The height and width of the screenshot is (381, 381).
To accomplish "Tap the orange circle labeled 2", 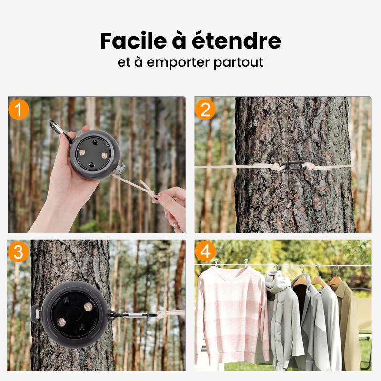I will (x=206, y=110).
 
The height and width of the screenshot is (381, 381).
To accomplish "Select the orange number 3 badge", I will (x=18, y=253).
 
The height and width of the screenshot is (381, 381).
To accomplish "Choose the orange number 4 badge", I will (x=205, y=253).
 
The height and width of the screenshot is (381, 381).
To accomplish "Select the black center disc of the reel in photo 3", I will (x=71, y=315).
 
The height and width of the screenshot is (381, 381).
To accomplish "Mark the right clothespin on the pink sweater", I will (x=246, y=263).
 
